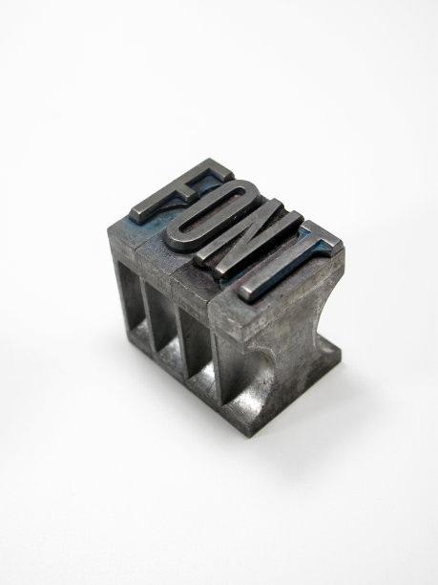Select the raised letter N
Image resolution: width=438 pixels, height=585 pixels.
pos(248,239)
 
